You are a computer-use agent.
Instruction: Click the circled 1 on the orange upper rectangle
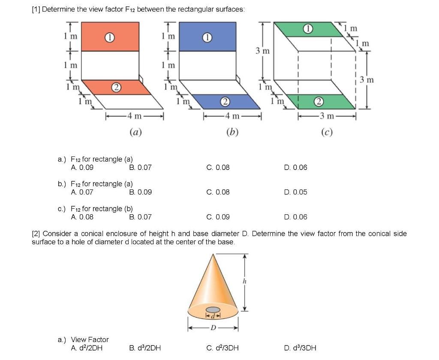[x=110, y=37]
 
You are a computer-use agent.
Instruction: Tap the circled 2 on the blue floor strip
[x=224, y=102]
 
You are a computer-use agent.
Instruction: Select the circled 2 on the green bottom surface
[x=318, y=102]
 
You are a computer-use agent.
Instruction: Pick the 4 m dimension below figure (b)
[x=232, y=116]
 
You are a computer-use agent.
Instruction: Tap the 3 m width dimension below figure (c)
[x=327, y=116]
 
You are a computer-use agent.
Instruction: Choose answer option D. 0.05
[x=295, y=192]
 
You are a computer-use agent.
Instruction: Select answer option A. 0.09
[x=82, y=167]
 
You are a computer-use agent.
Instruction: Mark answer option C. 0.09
[x=218, y=217]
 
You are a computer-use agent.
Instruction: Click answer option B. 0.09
[x=140, y=192]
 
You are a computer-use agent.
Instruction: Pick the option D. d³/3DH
[x=300, y=348]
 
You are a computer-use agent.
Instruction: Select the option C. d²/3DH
[x=223, y=348]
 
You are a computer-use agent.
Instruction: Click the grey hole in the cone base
[x=213, y=310]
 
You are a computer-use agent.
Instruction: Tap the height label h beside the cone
[x=245, y=281]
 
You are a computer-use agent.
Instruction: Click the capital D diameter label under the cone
[x=213, y=328]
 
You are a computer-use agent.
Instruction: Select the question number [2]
[x=36, y=234]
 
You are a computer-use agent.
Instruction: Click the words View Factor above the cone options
[x=90, y=339]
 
